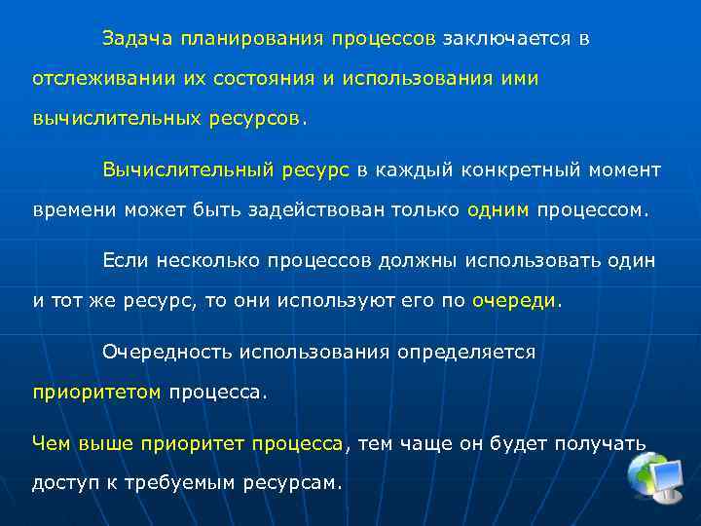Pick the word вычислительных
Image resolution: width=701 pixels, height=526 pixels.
click(x=116, y=118)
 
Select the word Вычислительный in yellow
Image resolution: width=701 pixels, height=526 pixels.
click(x=185, y=170)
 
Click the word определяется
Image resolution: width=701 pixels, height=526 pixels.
click(x=466, y=353)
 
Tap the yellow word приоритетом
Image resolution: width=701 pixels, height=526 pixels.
click(x=96, y=393)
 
